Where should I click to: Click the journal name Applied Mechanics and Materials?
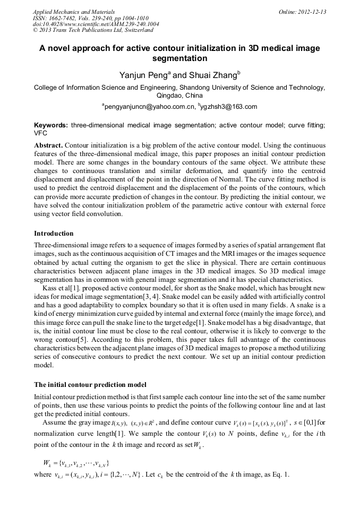tap(74, 11)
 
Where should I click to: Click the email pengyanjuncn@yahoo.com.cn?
tap(150, 107)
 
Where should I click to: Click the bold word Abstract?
tap(49, 145)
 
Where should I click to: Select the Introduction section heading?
tap(54, 233)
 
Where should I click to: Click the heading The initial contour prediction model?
tap(90, 384)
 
